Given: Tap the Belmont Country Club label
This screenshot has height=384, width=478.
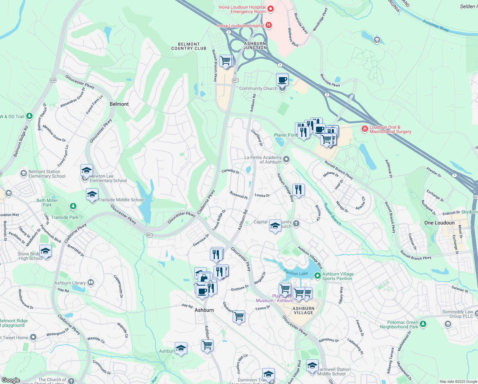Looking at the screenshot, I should [189, 46].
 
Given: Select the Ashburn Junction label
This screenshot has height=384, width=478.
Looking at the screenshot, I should [255, 46].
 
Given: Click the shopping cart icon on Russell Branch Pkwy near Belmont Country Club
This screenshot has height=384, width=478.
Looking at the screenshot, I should [226, 60].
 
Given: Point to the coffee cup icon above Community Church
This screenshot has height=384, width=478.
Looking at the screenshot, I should [282, 79].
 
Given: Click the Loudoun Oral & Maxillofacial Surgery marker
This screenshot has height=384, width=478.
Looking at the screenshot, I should [365, 129].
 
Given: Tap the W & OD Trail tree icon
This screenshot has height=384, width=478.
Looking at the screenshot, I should [29, 116].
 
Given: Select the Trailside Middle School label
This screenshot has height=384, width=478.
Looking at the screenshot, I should [121, 200].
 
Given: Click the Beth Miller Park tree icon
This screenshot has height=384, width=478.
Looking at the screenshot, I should [73, 206].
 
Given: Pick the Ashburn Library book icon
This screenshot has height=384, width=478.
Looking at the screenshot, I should [91, 282].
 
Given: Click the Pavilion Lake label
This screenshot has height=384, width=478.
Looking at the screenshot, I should [296, 273].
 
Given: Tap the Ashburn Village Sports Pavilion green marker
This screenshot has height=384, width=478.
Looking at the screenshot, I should [317, 276].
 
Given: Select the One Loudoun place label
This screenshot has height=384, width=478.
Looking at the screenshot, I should [439, 223].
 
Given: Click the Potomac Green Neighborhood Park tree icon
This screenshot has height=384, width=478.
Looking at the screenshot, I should [423, 324].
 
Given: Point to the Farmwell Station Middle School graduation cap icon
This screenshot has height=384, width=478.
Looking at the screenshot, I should [312, 365].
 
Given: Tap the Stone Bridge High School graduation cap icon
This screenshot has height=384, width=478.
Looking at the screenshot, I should [45, 251].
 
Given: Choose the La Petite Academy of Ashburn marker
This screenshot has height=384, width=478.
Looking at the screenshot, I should [286, 159].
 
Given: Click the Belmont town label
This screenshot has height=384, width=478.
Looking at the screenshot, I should [119, 104].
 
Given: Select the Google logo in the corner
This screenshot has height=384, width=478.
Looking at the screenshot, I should [11, 380].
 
